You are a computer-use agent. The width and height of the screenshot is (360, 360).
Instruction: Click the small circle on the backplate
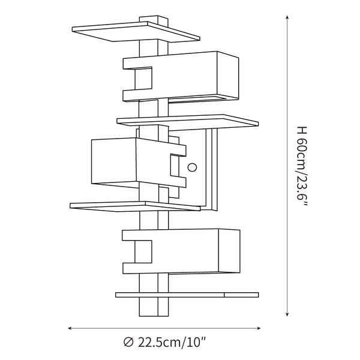point(192,167)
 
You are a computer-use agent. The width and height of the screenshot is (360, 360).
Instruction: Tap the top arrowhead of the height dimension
point(287,17)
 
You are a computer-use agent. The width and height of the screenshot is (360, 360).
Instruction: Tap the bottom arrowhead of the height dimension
point(287,314)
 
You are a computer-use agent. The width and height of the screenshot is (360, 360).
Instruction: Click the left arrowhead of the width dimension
point(70,328)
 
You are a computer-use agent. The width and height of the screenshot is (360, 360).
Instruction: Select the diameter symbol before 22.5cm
point(128,343)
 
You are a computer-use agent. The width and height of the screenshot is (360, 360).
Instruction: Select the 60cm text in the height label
point(302,153)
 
